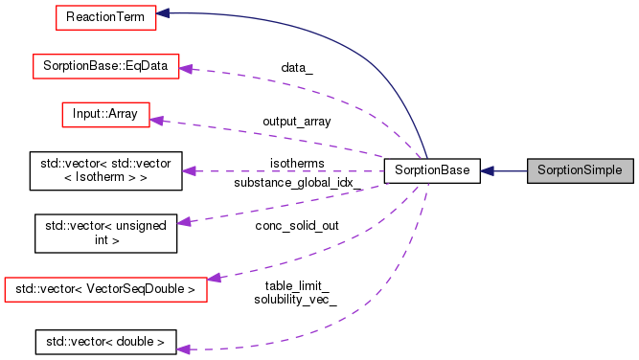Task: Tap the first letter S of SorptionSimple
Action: (541, 170)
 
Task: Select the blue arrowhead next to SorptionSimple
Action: (488, 170)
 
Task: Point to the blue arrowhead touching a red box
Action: (164, 14)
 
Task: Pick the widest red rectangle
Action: (105, 289)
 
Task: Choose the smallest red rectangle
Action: (105, 114)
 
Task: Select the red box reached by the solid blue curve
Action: (105, 17)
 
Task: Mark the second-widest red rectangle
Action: (105, 66)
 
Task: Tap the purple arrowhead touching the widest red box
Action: (215, 278)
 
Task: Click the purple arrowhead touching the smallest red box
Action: (157, 121)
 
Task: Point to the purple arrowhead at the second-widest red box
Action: (187, 69)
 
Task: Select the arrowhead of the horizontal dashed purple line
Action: (189, 170)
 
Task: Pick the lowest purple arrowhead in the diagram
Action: (184, 349)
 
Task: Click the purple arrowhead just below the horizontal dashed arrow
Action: (184, 222)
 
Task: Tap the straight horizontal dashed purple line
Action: (287, 170)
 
